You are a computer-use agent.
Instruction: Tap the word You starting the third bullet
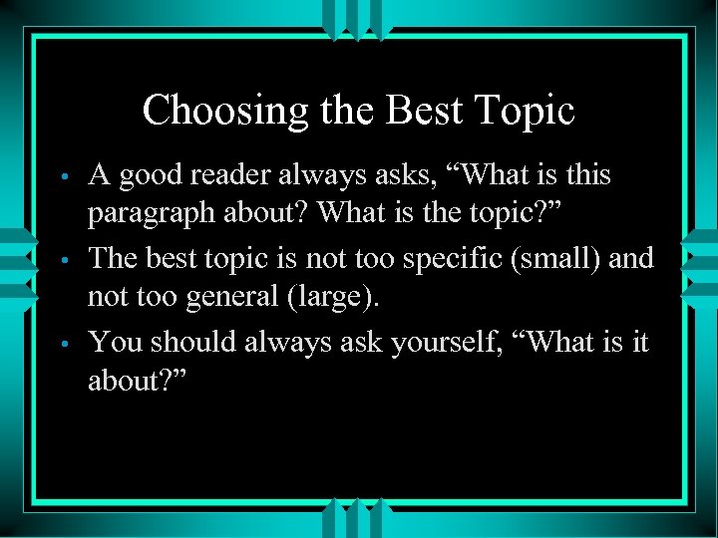coord(114,343)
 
